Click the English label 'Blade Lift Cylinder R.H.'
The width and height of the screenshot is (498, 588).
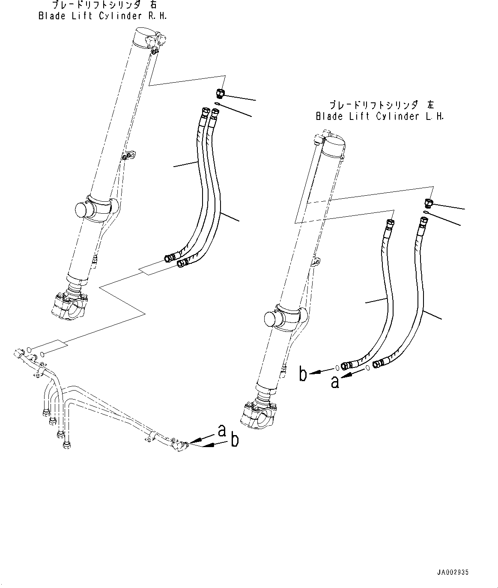[102, 16]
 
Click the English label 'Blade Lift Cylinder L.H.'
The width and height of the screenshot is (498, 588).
[379, 116]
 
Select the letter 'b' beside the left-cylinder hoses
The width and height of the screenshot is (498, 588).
[303, 374]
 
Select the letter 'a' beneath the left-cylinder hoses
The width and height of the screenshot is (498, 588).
[335, 382]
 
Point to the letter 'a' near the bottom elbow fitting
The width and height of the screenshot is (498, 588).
[221, 430]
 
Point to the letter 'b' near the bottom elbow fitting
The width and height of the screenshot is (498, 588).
[234, 440]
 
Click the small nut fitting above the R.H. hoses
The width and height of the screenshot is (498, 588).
[220, 93]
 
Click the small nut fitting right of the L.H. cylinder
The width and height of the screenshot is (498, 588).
[428, 202]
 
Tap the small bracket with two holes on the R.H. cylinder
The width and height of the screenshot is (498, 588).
[129, 155]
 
